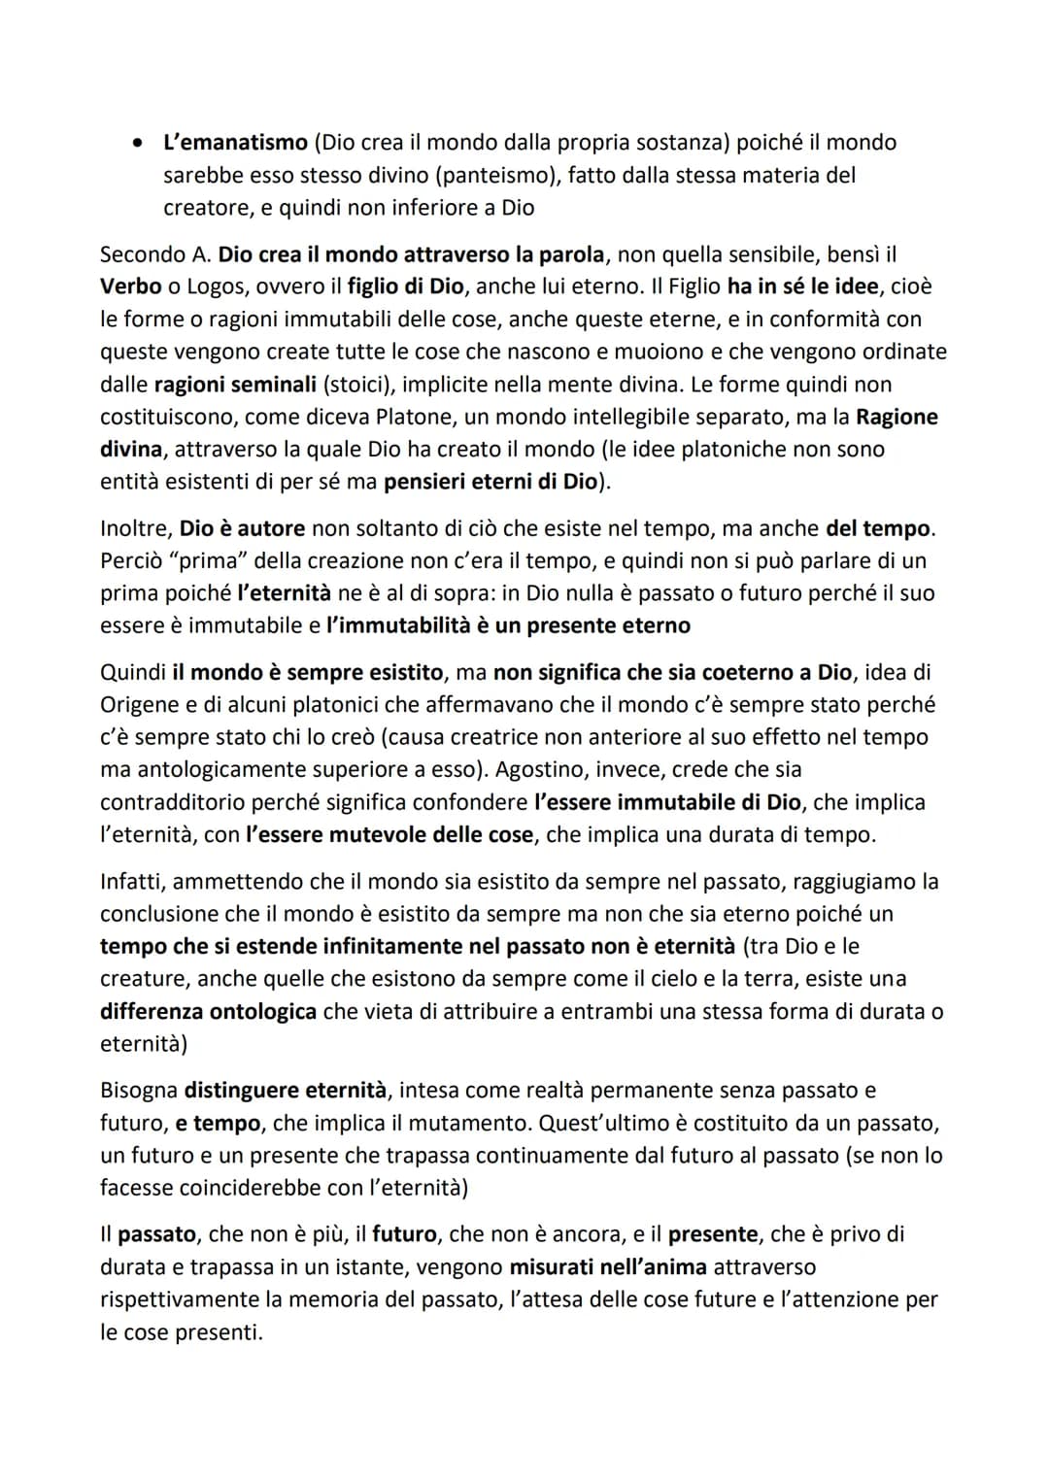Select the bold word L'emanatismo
235,143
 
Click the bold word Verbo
130,287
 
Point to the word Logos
218,287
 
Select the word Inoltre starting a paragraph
135,529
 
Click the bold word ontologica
265,1012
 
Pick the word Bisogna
139,1092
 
